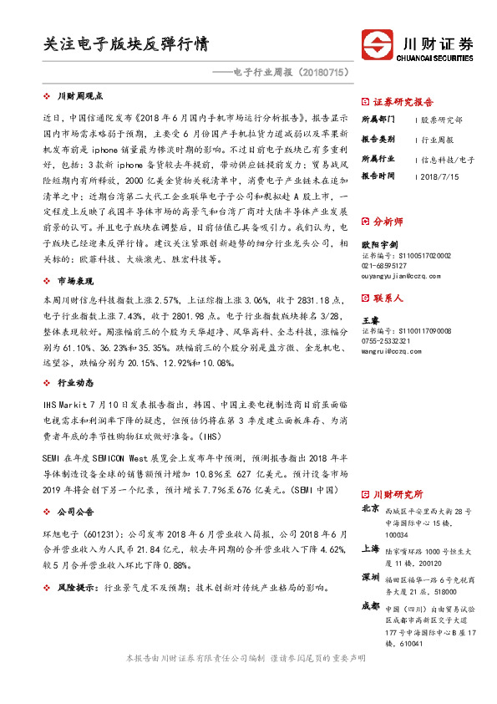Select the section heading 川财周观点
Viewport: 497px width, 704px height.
[79, 97]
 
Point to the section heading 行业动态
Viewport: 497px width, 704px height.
[75, 382]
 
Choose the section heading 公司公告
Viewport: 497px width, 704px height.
[75, 509]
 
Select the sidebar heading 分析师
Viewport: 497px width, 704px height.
[387, 222]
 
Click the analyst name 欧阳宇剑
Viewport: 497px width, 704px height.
[376, 244]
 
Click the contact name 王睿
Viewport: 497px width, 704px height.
[368, 320]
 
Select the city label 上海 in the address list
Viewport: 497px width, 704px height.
[370, 548]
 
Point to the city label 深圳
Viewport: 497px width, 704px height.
[370, 577]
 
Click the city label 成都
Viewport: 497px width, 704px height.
[370, 605]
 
